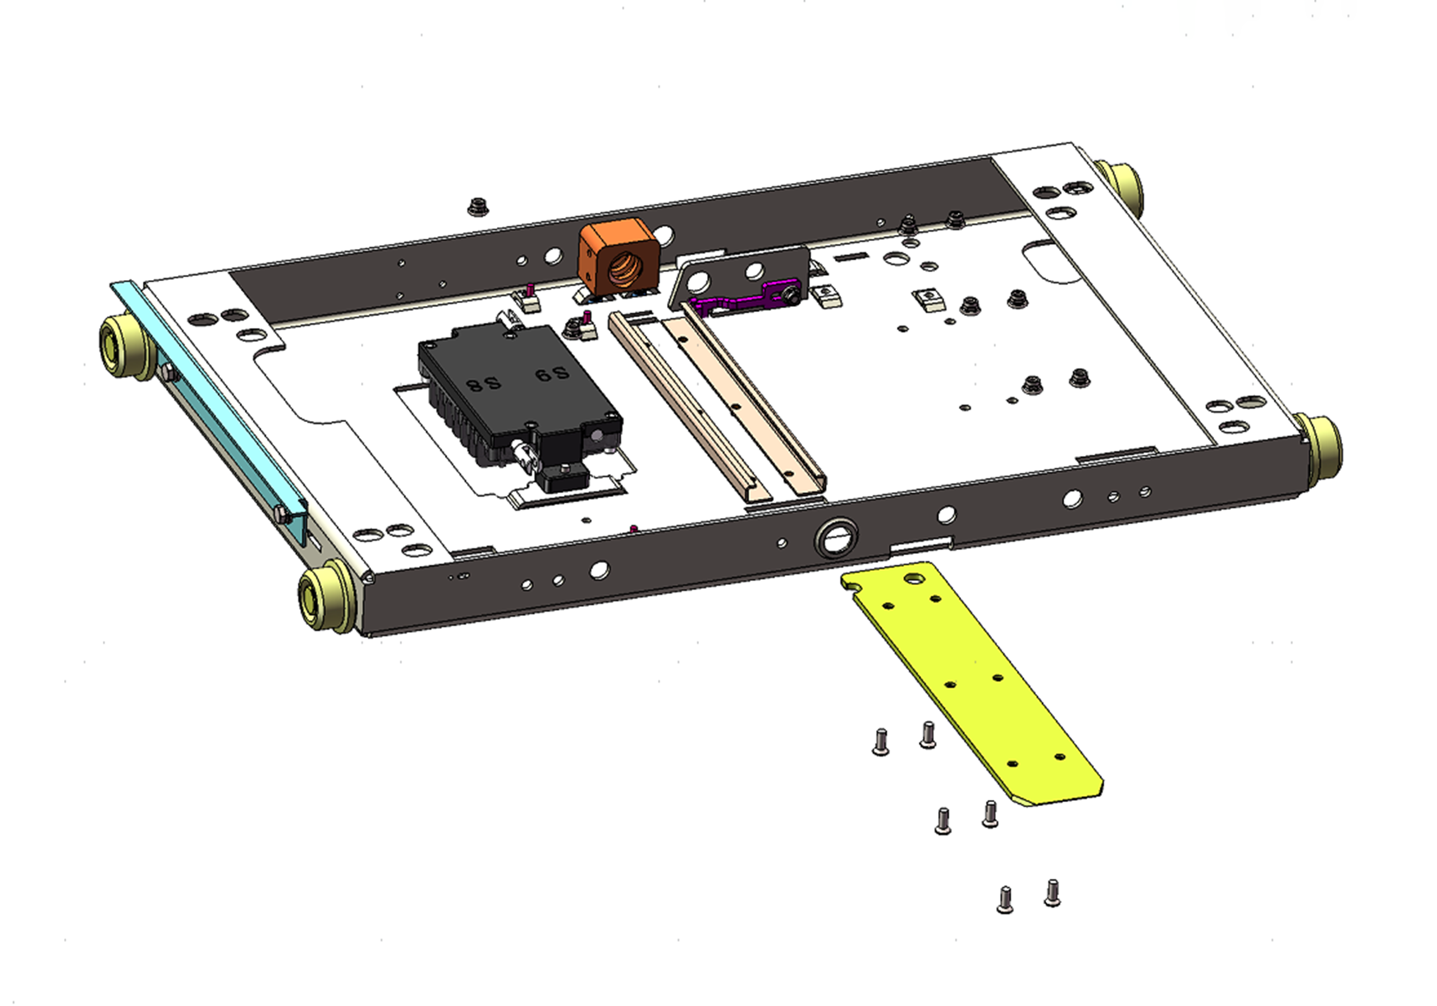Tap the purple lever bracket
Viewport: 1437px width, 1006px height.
coord(745,299)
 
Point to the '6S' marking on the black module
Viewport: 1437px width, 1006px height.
coord(551,374)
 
